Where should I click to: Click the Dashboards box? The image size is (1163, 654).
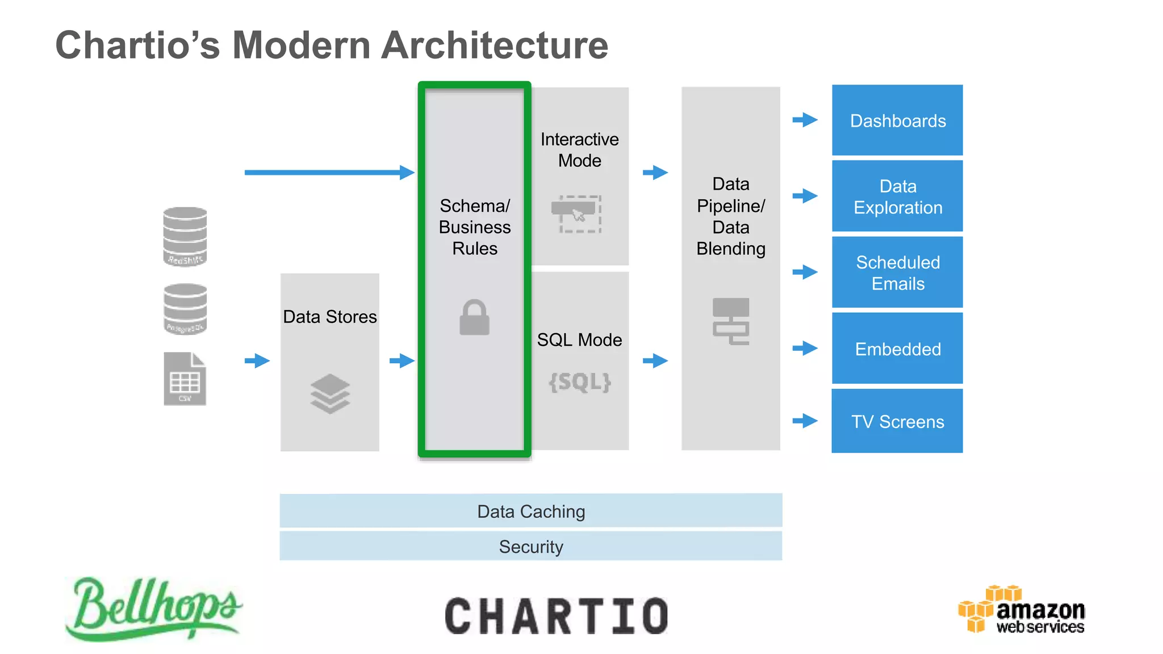pyautogui.click(x=897, y=120)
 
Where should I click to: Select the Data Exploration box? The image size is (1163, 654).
pyautogui.click(x=897, y=196)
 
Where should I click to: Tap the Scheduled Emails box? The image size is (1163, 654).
pyautogui.click(x=897, y=272)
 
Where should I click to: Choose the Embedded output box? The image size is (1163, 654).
pyautogui.click(x=897, y=349)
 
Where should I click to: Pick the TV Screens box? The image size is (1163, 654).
pyautogui.click(x=897, y=421)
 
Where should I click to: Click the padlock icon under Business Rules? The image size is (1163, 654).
pyautogui.click(x=474, y=318)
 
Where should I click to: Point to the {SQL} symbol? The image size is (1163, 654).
pyautogui.click(x=580, y=382)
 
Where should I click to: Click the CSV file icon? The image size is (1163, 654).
pyautogui.click(x=185, y=379)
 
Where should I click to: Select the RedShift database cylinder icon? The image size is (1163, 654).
pyautogui.click(x=185, y=237)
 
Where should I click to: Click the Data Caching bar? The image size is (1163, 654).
pyautogui.click(x=531, y=511)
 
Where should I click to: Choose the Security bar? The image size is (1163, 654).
pyautogui.click(x=531, y=546)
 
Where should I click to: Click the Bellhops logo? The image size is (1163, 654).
pyautogui.click(x=153, y=609)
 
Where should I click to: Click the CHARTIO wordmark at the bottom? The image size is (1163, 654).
pyautogui.click(x=557, y=616)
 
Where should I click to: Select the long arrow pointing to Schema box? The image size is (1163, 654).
pyautogui.click(x=329, y=172)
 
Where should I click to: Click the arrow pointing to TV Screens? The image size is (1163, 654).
pyautogui.click(x=805, y=421)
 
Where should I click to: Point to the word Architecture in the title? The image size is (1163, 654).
pyautogui.click(x=495, y=45)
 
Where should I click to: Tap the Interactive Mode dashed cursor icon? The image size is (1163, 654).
pyautogui.click(x=577, y=214)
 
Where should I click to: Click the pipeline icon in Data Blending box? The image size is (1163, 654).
pyautogui.click(x=731, y=321)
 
